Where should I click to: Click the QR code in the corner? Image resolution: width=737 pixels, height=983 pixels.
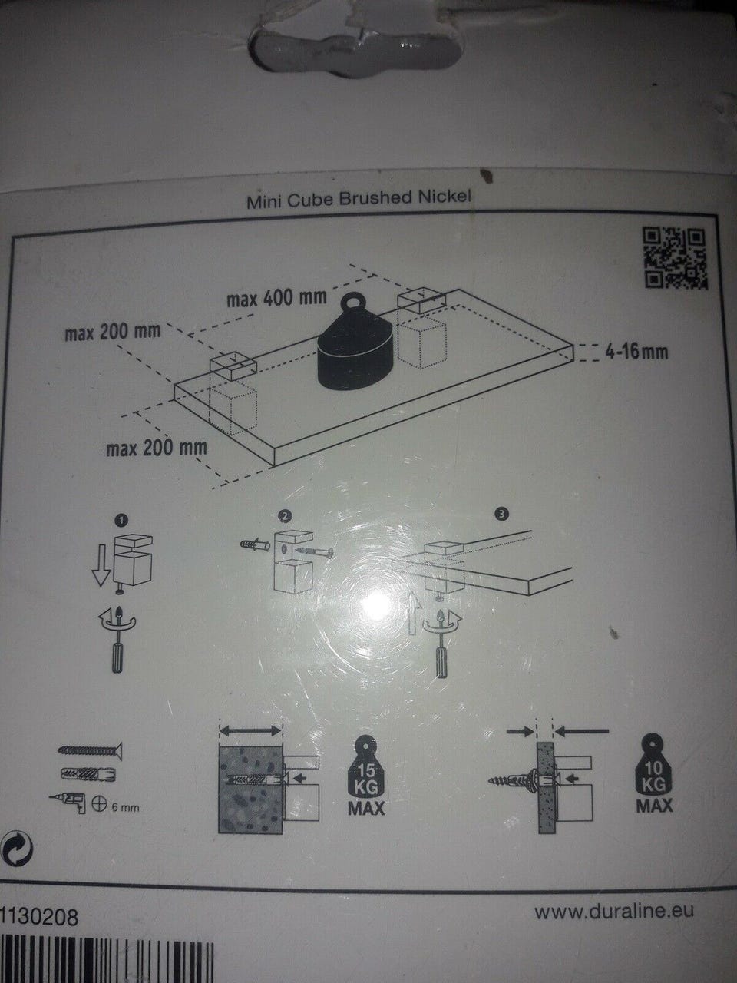click(676, 258)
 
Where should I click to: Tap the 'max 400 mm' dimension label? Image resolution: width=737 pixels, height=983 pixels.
click(276, 298)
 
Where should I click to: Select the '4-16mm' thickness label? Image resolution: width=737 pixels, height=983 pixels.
click(636, 352)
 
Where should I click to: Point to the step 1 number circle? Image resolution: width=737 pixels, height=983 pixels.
click(122, 520)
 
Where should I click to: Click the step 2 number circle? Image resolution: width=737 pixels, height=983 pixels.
click(285, 516)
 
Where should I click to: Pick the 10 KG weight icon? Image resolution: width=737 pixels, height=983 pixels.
click(654, 773)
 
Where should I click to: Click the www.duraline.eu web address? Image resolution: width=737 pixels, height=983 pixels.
click(614, 899)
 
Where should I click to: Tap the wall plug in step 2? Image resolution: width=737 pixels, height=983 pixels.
click(255, 545)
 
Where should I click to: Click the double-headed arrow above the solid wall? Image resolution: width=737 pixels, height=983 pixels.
click(250, 731)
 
